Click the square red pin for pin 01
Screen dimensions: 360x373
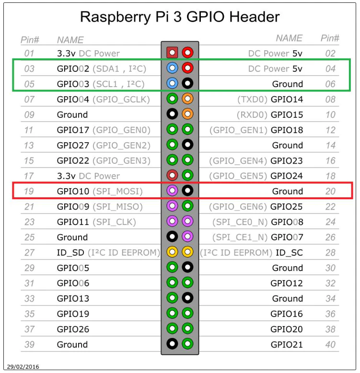click(172, 53)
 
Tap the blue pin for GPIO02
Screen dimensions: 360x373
click(172, 68)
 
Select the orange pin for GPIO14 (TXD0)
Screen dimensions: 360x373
click(187, 99)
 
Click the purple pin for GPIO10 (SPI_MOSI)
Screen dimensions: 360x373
click(172, 191)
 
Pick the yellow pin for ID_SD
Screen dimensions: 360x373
click(172, 252)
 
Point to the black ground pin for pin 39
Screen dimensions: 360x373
click(172, 344)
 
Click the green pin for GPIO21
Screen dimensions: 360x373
click(187, 344)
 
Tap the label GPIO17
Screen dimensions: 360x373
click(73, 130)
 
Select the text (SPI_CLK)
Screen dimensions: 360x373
click(114, 222)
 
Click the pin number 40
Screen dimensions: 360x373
click(330, 344)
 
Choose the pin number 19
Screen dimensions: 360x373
click(29, 191)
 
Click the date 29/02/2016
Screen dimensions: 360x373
click(23, 367)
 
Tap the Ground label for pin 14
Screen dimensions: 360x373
click(288, 146)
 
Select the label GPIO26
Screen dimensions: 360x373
click(73, 329)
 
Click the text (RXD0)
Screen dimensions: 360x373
click(252, 115)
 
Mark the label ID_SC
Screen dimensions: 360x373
click(289, 253)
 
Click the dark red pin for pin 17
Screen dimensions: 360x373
click(172, 175)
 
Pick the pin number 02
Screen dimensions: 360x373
click(330, 54)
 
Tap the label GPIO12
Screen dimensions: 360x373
click(287, 283)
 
